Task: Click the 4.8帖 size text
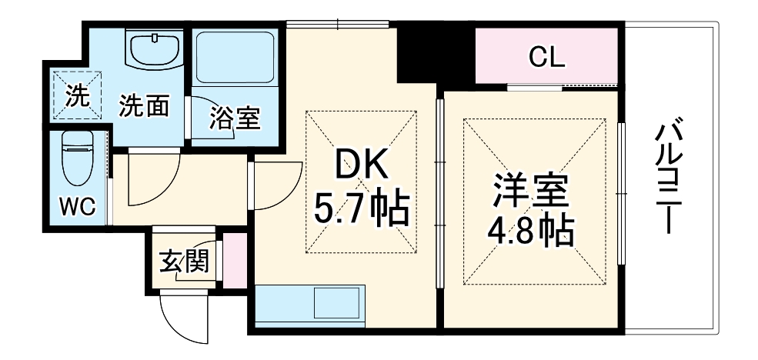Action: click(532, 229)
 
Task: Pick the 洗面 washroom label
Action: click(144, 107)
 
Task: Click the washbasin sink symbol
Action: click(155, 49)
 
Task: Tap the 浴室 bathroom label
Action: click(235, 118)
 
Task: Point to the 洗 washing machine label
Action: click(76, 97)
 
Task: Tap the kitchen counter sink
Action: click(336, 305)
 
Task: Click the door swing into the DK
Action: click(277, 188)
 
